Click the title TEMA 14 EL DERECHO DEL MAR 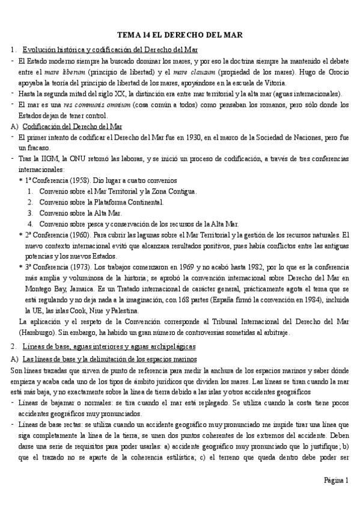point(180,35)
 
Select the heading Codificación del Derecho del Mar point(72,126)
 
